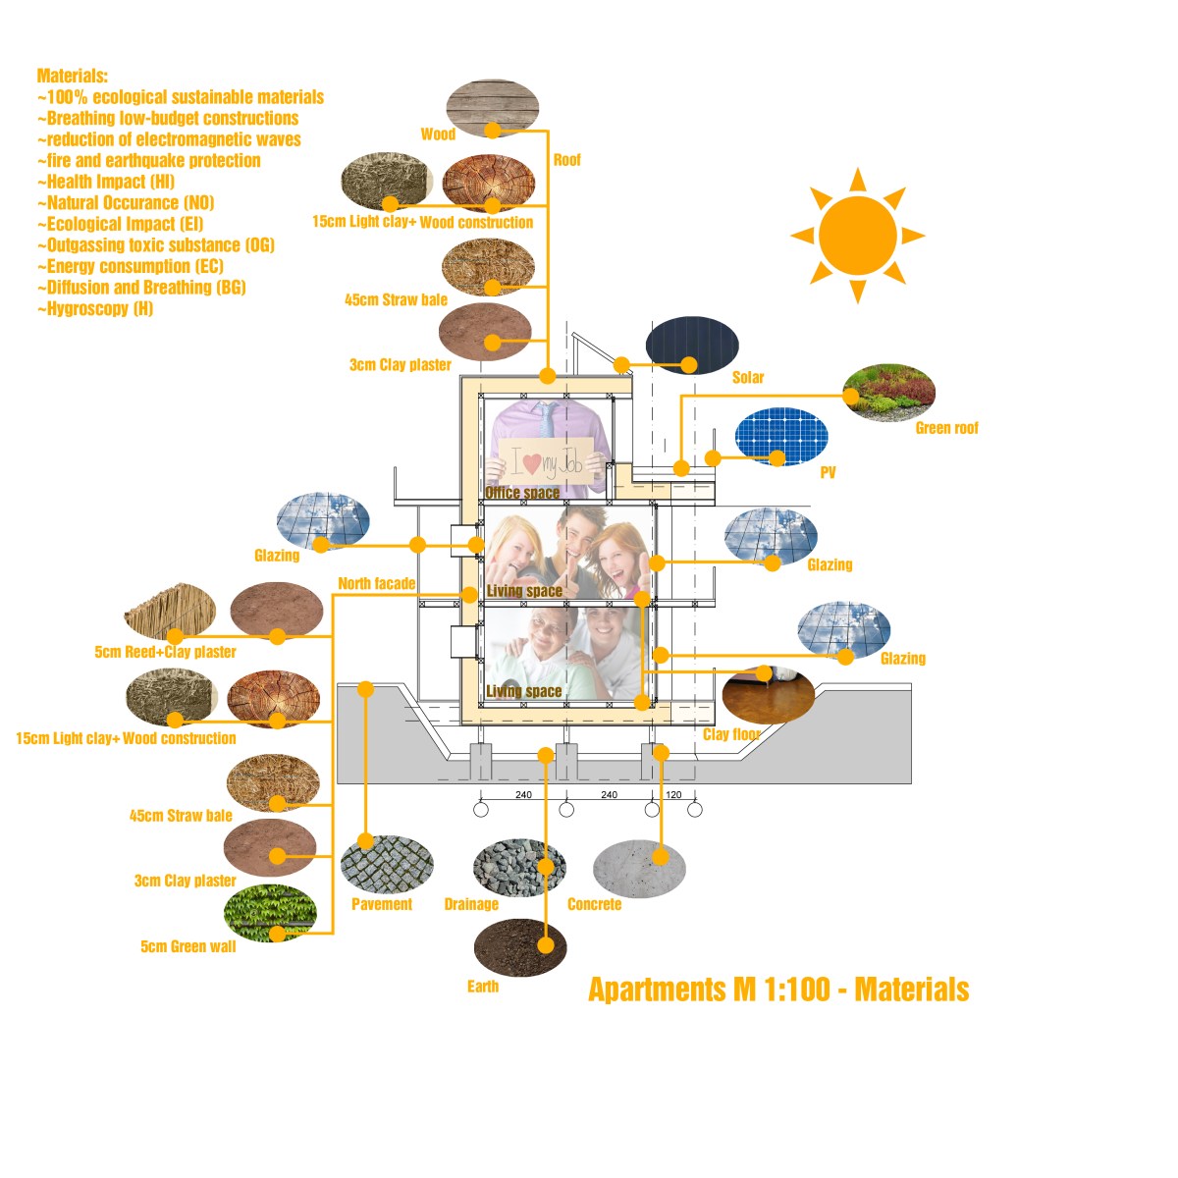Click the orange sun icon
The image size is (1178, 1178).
[857, 236]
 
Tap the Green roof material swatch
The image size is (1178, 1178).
[888, 393]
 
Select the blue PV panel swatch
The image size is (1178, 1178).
[781, 437]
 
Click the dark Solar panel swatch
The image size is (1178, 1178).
[692, 346]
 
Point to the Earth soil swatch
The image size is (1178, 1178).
[520, 947]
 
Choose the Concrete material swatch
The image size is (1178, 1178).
[639, 868]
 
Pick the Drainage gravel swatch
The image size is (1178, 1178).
[519, 867]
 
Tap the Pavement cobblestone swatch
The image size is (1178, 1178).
[387, 862]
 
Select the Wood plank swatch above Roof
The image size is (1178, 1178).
[493, 107]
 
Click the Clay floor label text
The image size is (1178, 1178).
[731, 734]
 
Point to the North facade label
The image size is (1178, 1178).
[376, 584]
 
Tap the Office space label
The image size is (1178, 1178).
[522, 493]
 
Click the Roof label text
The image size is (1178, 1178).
[566, 160]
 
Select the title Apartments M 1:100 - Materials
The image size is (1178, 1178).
[778, 989]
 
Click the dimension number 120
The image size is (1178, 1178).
[673, 795]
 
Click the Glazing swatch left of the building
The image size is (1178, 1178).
[323, 521]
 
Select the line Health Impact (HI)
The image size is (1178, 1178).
[106, 182]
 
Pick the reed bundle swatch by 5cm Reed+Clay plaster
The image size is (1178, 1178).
[170, 611]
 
